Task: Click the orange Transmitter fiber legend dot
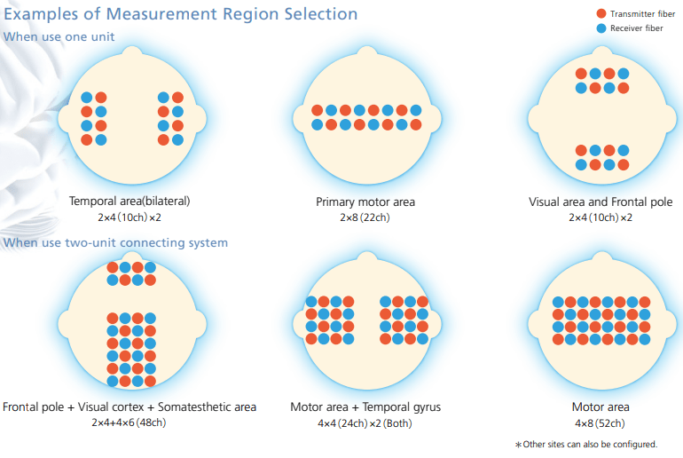tap(601, 14)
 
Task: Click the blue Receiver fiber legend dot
tap(601, 28)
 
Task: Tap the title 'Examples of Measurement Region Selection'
tap(181, 14)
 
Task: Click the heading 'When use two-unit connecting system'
tap(115, 242)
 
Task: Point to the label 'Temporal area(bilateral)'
tap(130, 201)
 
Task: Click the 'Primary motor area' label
tap(365, 201)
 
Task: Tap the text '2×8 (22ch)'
tap(365, 217)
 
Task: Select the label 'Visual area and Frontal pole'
tap(601, 201)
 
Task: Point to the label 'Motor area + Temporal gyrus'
tap(365, 407)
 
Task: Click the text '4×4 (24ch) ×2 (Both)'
tap(365, 422)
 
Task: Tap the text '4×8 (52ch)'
tap(601, 422)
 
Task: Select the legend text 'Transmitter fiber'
tap(637, 14)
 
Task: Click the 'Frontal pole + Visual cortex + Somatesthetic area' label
tap(130, 407)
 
